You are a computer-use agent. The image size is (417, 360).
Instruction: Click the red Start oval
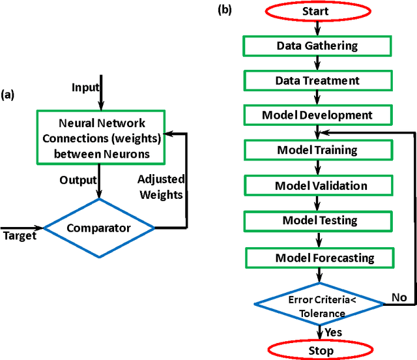315,11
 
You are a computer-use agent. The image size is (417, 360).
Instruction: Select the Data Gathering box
316,46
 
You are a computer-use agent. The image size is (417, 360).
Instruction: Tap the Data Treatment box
317,80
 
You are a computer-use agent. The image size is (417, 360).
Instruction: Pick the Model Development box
317,115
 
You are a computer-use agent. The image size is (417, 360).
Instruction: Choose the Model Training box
317,150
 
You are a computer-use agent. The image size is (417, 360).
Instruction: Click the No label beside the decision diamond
399,297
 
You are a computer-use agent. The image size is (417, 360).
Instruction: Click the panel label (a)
8,95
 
